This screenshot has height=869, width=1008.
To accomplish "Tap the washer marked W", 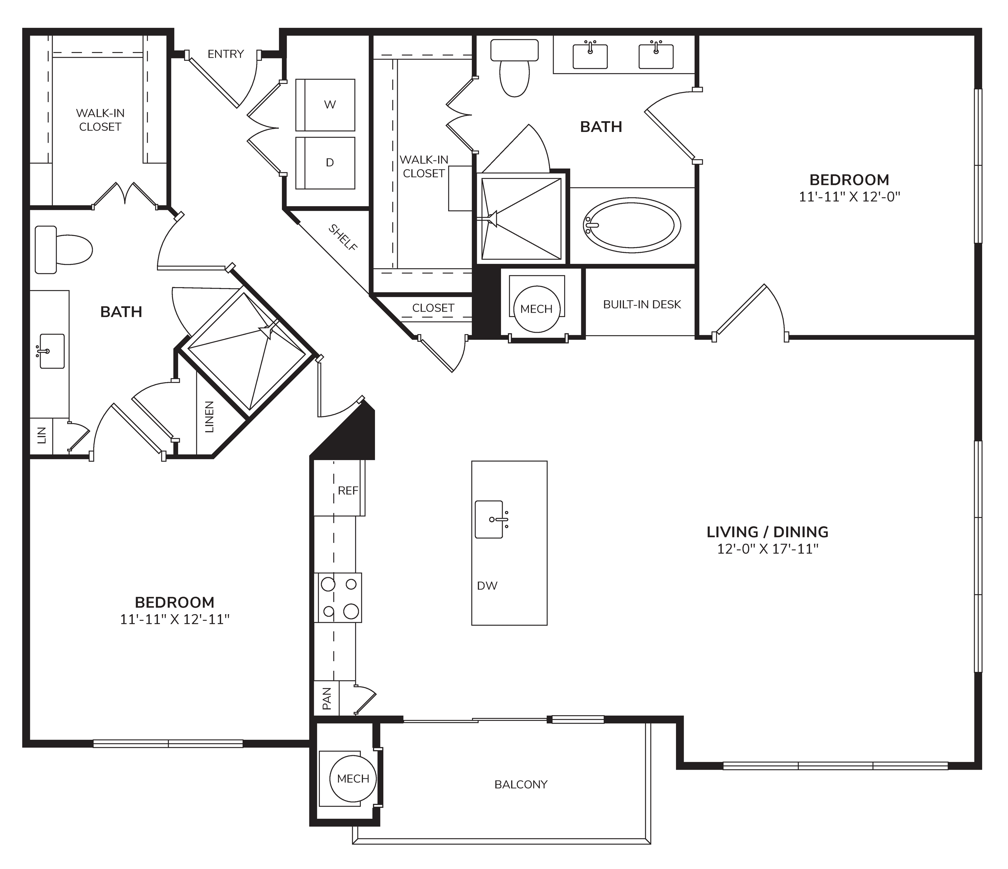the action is (x=326, y=105).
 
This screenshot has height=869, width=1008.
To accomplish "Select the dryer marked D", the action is (x=326, y=163).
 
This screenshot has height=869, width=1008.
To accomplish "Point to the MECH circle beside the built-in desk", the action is (x=537, y=309).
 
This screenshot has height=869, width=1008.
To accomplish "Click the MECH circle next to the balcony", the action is (x=353, y=779).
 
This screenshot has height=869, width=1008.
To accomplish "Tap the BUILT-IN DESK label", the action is (x=642, y=305).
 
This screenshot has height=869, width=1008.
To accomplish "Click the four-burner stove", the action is (x=339, y=598).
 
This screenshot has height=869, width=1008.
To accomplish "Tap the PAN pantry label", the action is (x=327, y=698).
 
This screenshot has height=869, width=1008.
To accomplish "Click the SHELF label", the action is (x=343, y=238).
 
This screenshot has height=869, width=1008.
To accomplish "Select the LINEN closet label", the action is (x=209, y=417).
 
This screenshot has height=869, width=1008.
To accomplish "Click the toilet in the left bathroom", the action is (x=63, y=250).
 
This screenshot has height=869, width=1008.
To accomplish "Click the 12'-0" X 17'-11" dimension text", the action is (x=768, y=549).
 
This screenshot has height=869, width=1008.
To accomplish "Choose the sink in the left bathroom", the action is (x=51, y=351).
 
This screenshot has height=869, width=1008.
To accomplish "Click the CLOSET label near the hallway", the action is (x=433, y=308).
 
